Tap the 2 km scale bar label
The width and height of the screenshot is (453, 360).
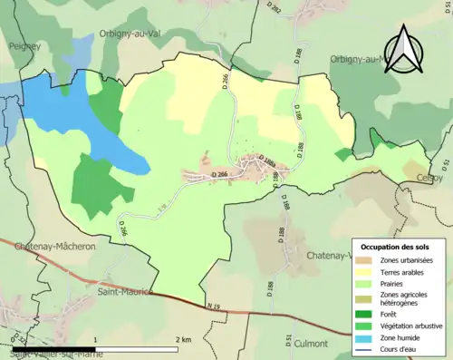pos(184,339)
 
